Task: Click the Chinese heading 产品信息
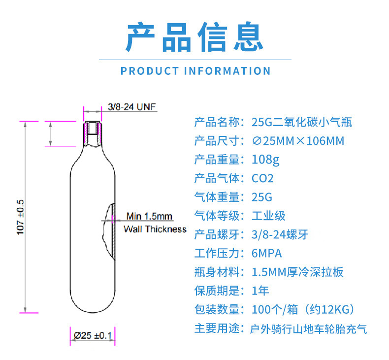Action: [x=194, y=37]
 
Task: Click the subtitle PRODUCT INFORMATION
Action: [x=195, y=71]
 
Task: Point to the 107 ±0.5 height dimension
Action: [x=21, y=217]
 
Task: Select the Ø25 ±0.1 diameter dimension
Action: [x=93, y=335]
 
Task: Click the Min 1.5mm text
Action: [x=149, y=216]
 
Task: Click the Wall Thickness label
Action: [x=155, y=229]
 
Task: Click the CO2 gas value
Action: [x=262, y=178]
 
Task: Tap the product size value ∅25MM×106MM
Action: [x=298, y=141]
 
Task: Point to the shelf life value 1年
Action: [x=260, y=291]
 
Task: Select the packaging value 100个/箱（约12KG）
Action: [x=303, y=310]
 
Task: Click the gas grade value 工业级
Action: [x=268, y=216]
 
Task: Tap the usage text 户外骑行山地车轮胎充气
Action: [x=309, y=328]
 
